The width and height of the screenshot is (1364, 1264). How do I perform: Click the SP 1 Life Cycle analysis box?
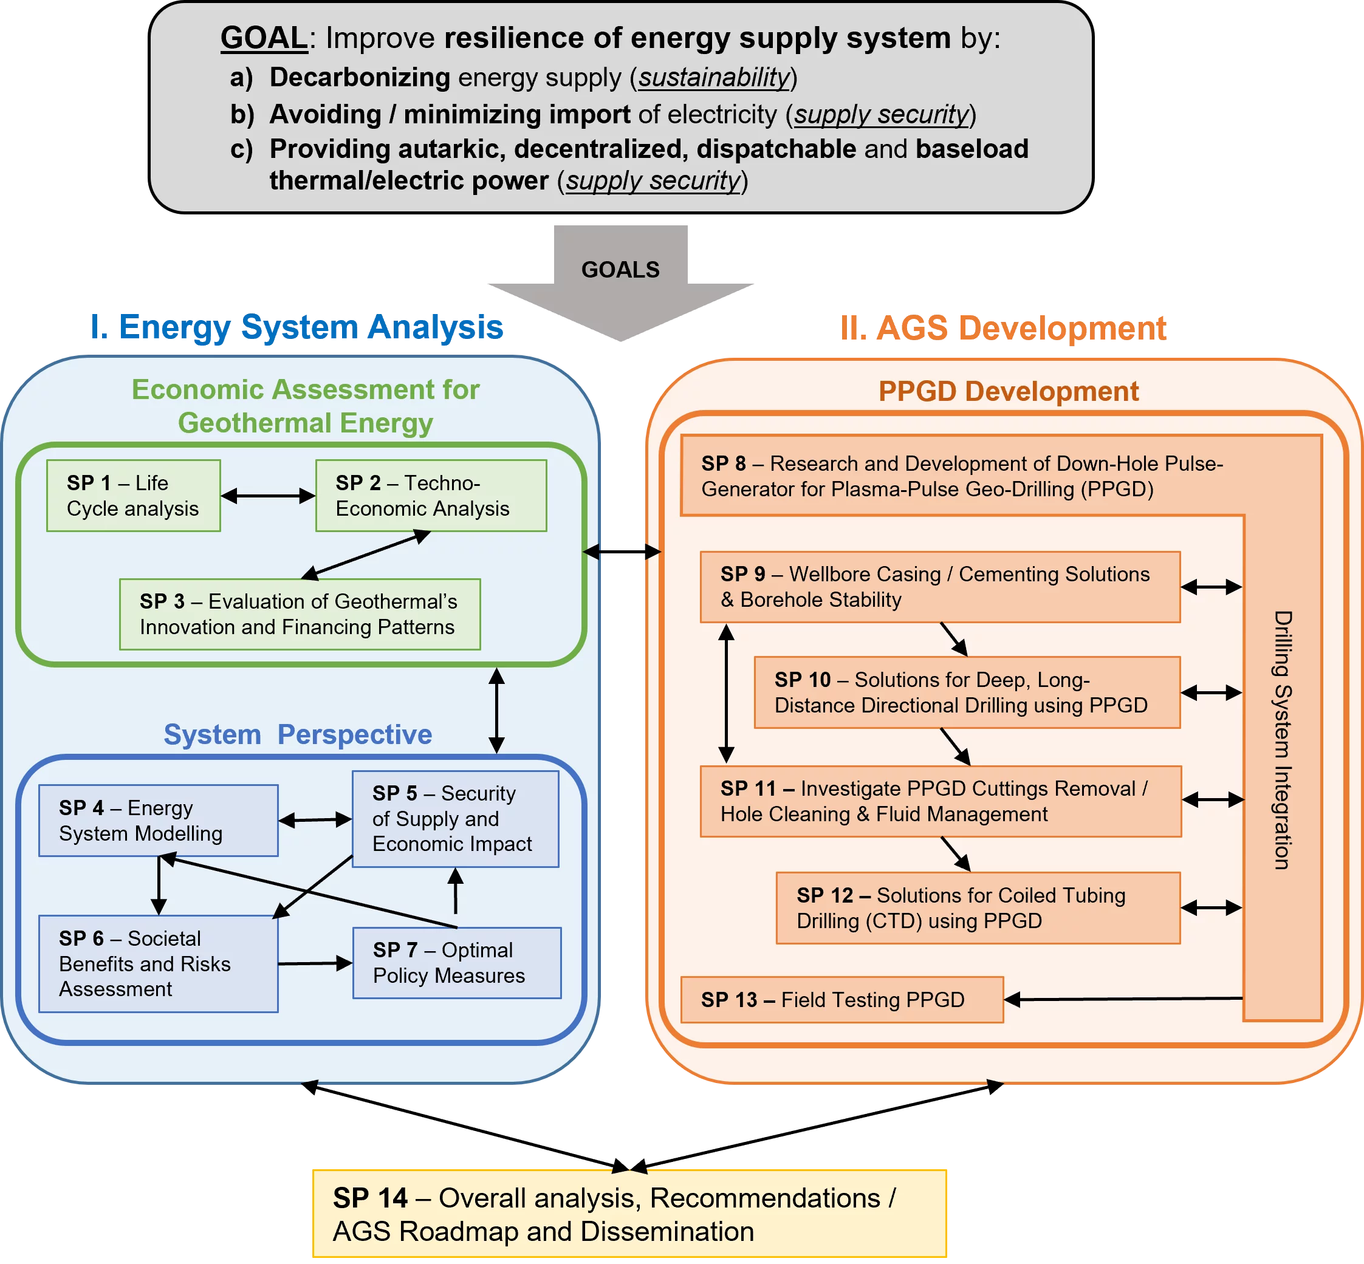tap(134, 495)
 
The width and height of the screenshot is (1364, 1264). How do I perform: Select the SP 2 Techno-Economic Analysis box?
tap(431, 495)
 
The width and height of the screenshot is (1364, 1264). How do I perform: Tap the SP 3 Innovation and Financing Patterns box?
tap(300, 613)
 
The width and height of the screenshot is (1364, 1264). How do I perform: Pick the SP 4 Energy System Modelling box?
tap(158, 820)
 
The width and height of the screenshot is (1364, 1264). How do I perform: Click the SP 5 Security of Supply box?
tap(455, 819)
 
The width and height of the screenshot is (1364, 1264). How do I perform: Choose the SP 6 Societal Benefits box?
tap(158, 963)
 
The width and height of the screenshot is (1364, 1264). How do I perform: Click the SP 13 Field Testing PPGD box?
tap(841, 999)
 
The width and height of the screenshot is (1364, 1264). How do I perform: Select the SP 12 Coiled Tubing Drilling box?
tap(978, 907)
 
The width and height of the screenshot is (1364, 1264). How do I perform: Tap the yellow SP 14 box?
tap(629, 1214)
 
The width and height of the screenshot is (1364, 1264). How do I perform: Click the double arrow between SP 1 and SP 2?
tap(267, 496)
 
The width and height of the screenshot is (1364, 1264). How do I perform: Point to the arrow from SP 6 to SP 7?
tap(315, 963)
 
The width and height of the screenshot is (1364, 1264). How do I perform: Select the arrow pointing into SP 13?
tap(1122, 999)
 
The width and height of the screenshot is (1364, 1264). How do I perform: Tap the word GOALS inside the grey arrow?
tap(620, 270)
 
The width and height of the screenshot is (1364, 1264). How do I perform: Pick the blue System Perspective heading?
tap(298, 734)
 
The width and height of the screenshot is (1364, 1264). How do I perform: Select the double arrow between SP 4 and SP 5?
tap(315, 819)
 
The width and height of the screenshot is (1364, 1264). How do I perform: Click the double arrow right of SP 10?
tap(1211, 692)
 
